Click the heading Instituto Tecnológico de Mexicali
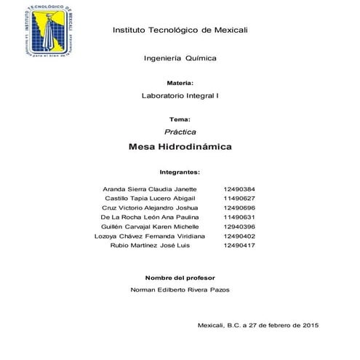[x=180, y=30]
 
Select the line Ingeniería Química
[x=180, y=57]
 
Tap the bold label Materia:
[x=179, y=84]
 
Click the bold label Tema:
[x=179, y=119]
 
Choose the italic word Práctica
[x=179, y=132]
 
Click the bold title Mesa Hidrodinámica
[x=179, y=147]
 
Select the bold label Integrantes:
[x=179, y=173]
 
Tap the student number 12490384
[x=239, y=189]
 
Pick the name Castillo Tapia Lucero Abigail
[x=150, y=199]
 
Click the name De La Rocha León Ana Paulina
[x=149, y=217]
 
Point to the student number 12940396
[x=239, y=227]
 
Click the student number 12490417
[x=239, y=246]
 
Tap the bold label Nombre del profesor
[x=180, y=279]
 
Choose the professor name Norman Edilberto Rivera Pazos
[x=180, y=290]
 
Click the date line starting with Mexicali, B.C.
[x=258, y=324]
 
